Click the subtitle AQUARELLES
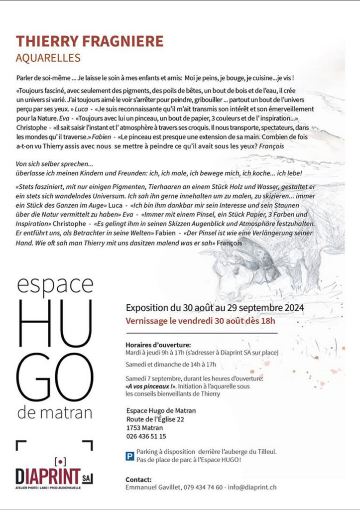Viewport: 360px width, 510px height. (x=48, y=58)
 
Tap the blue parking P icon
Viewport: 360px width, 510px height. (x=129, y=454)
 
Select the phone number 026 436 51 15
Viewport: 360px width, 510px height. (x=146, y=436)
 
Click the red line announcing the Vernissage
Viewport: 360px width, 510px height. (x=201, y=320)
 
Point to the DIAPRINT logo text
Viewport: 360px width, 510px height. (x=47, y=478)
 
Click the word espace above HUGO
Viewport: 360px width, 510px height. (x=55, y=285)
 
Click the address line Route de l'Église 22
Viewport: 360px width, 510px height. (x=155, y=419)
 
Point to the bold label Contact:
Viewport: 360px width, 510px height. (x=139, y=479)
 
